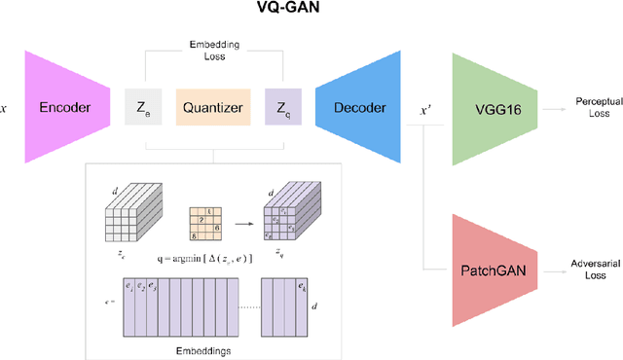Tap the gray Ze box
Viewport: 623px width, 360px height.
coord(144,109)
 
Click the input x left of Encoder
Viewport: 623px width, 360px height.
coord(7,108)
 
